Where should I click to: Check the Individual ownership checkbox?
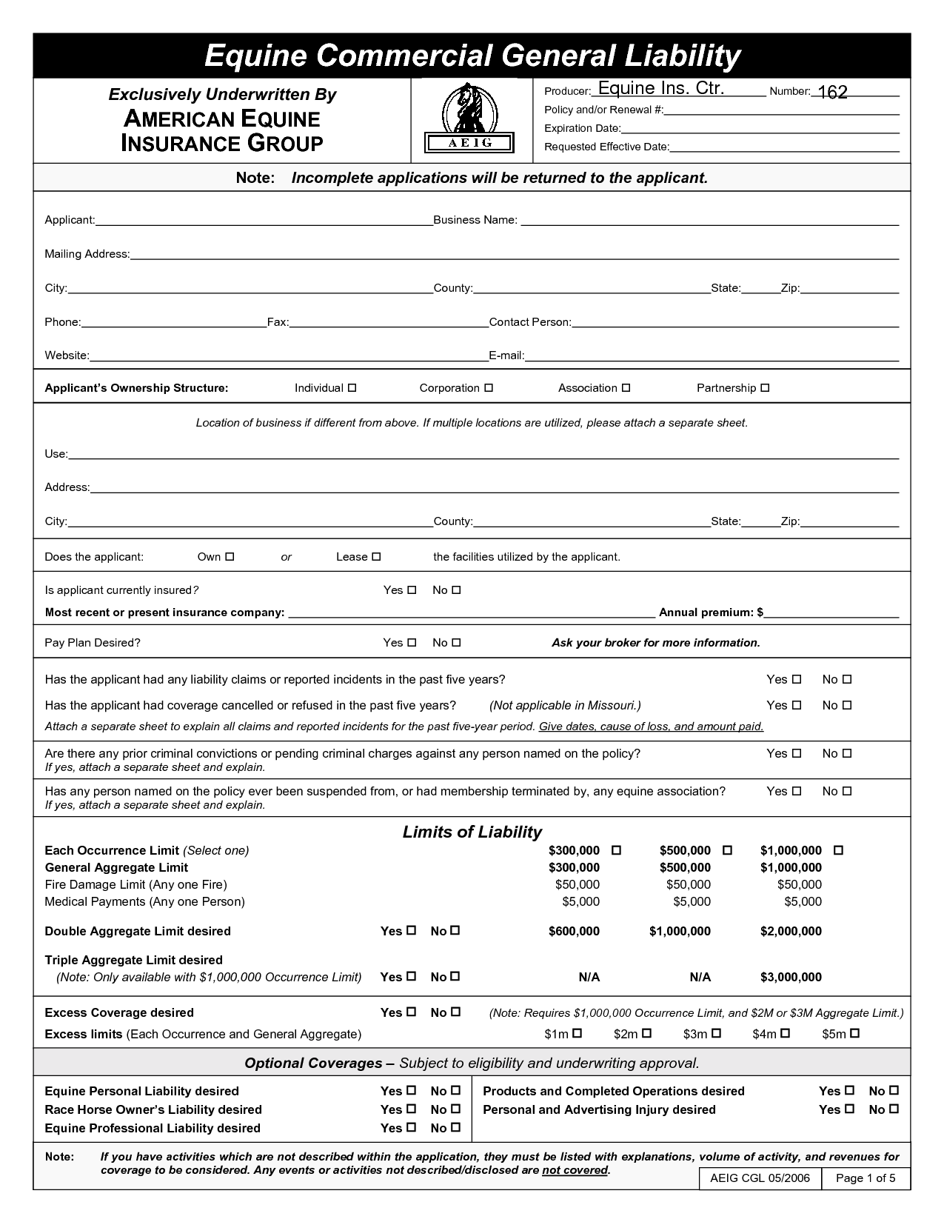pyautogui.click(x=352, y=388)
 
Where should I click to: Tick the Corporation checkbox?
pyautogui.click(x=489, y=388)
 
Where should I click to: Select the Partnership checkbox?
pyautogui.click(x=766, y=388)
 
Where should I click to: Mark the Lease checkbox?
pyautogui.click(x=376, y=557)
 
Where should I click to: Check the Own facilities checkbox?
pyautogui.click(x=230, y=557)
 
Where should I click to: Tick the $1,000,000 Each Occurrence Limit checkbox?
pyautogui.click(x=839, y=850)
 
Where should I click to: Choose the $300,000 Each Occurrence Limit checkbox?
pyautogui.click(x=616, y=850)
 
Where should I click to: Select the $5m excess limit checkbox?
pyautogui.click(x=854, y=1033)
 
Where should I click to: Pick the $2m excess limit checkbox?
pyautogui.click(x=646, y=1033)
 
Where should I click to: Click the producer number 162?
pyautogui.click(x=833, y=92)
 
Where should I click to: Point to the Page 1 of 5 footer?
pyautogui.click(x=866, y=1178)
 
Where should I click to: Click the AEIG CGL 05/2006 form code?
pyautogui.click(x=760, y=1178)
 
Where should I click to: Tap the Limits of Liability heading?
pyautogui.click(x=472, y=832)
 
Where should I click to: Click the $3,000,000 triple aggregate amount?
pyautogui.click(x=791, y=977)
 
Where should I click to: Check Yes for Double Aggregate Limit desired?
pyautogui.click(x=412, y=931)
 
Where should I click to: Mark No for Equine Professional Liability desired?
pyautogui.click(x=456, y=1128)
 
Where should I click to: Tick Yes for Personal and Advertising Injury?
pyautogui.click(x=850, y=1109)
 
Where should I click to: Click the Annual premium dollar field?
pyautogui.click(x=832, y=612)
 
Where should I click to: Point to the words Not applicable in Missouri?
pyautogui.click(x=565, y=705)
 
